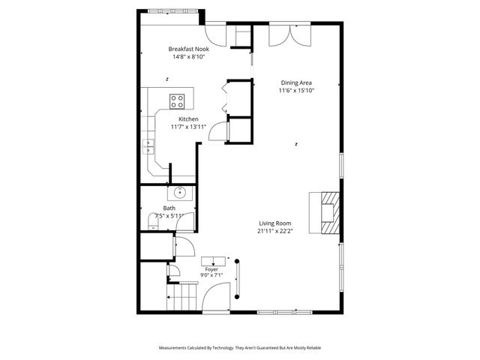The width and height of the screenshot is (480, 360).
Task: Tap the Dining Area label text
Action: click(296, 82)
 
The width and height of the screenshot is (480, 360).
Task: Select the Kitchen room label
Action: click(188, 119)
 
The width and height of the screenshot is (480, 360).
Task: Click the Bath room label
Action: click(169, 208)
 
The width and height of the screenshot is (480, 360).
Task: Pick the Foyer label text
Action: click(211, 268)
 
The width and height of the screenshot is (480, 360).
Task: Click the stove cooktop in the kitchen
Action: click(178, 99)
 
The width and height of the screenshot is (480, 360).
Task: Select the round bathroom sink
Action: click(181, 193)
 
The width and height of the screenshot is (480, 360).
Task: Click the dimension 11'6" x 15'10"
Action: click(296, 91)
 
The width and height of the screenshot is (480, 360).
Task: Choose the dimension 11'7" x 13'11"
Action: click(188, 127)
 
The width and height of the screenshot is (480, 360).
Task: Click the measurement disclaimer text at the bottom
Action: click(240, 349)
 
